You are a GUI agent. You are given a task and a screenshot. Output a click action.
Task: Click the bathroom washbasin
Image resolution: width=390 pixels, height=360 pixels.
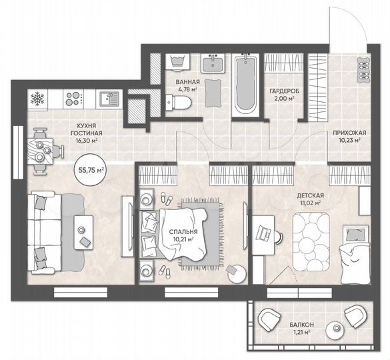[215, 64]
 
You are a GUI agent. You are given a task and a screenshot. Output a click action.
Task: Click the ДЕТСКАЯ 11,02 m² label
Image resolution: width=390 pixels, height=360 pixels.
[310, 199]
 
